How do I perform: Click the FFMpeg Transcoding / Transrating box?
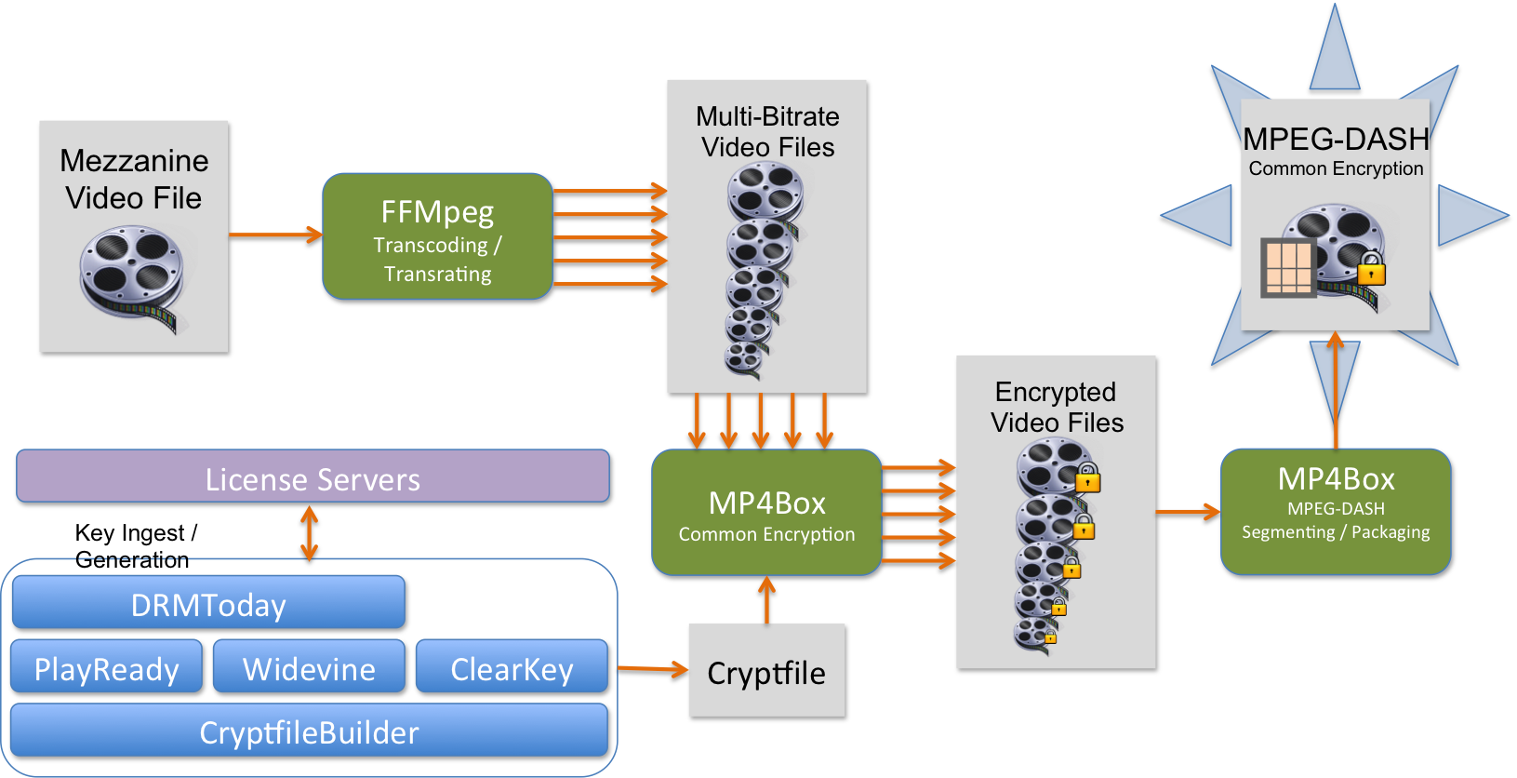pos(437,236)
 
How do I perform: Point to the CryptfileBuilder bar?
pos(309,731)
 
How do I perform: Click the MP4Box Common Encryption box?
pos(766,513)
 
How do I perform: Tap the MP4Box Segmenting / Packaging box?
pos(1336,512)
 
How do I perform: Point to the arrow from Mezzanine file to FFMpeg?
pos(275,235)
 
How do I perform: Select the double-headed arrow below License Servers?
pos(310,532)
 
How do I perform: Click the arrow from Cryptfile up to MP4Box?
pos(766,600)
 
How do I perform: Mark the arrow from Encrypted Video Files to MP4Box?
pos(1188,511)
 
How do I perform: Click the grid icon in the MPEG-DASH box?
pos(1288,268)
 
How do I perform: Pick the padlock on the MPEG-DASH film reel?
pos(1371,269)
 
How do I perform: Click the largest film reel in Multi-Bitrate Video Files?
pos(765,190)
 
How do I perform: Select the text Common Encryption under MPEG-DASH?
pos(1336,168)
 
